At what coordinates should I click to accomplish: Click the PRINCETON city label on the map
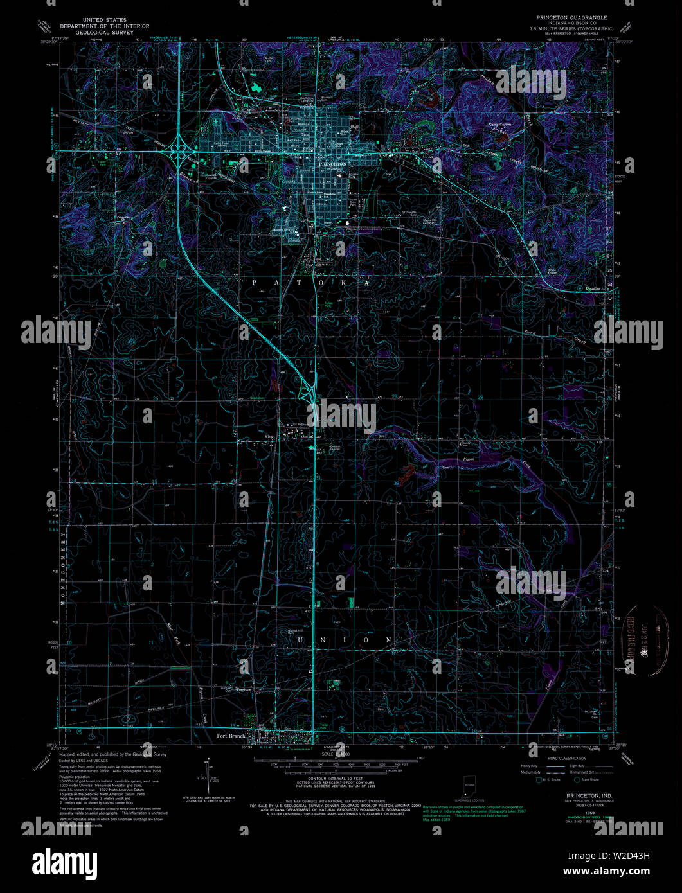pyautogui.click(x=334, y=164)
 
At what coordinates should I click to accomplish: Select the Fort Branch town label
pyautogui.click(x=231, y=736)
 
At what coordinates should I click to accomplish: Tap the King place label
pyautogui.click(x=270, y=436)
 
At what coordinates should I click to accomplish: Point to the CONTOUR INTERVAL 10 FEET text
pyautogui.click(x=328, y=778)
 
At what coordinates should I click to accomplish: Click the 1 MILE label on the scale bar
pyautogui.click(x=421, y=758)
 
